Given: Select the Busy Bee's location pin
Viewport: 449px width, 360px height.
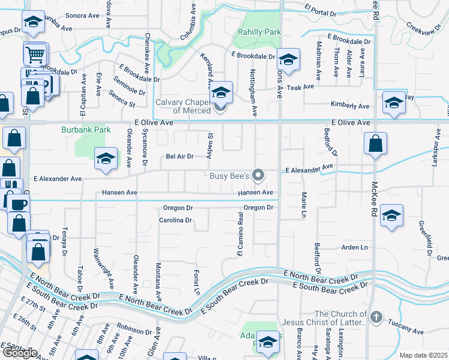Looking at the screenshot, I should coord(259,175).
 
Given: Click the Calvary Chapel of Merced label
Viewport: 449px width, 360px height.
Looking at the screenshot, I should coord(183,106).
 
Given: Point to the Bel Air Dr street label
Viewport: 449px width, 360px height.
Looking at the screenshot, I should coord(179,157).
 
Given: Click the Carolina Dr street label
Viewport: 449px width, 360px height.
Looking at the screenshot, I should coord(175,220).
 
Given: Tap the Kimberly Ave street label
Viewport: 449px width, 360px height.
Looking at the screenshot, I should coord(350,106).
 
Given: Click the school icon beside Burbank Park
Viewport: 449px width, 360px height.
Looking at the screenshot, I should coord(106,158).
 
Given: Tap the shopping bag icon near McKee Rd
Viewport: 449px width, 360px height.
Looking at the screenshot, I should coord(375,144).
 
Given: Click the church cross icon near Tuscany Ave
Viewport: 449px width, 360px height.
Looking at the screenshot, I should coord(376,317).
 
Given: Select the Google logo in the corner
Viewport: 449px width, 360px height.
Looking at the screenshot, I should coord(19,353).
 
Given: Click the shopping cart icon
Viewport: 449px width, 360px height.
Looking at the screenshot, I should coord(35,54).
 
